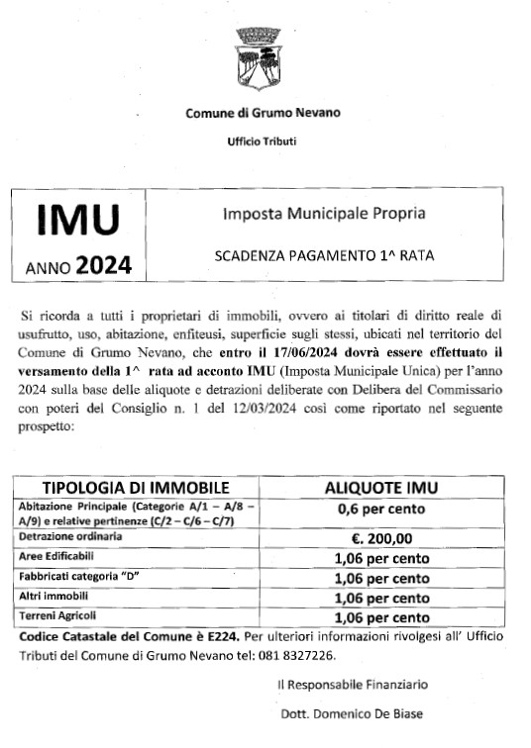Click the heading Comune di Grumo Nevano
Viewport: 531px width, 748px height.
click(263, 113)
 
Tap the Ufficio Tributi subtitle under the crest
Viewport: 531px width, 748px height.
click(262, 140)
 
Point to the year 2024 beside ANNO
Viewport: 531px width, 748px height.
click(103, 264)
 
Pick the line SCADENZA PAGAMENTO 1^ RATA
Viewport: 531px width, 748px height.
click(324, 254)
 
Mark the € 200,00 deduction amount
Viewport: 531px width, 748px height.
click(381, 538)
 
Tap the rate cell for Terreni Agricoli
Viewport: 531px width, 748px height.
click(381, 618)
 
